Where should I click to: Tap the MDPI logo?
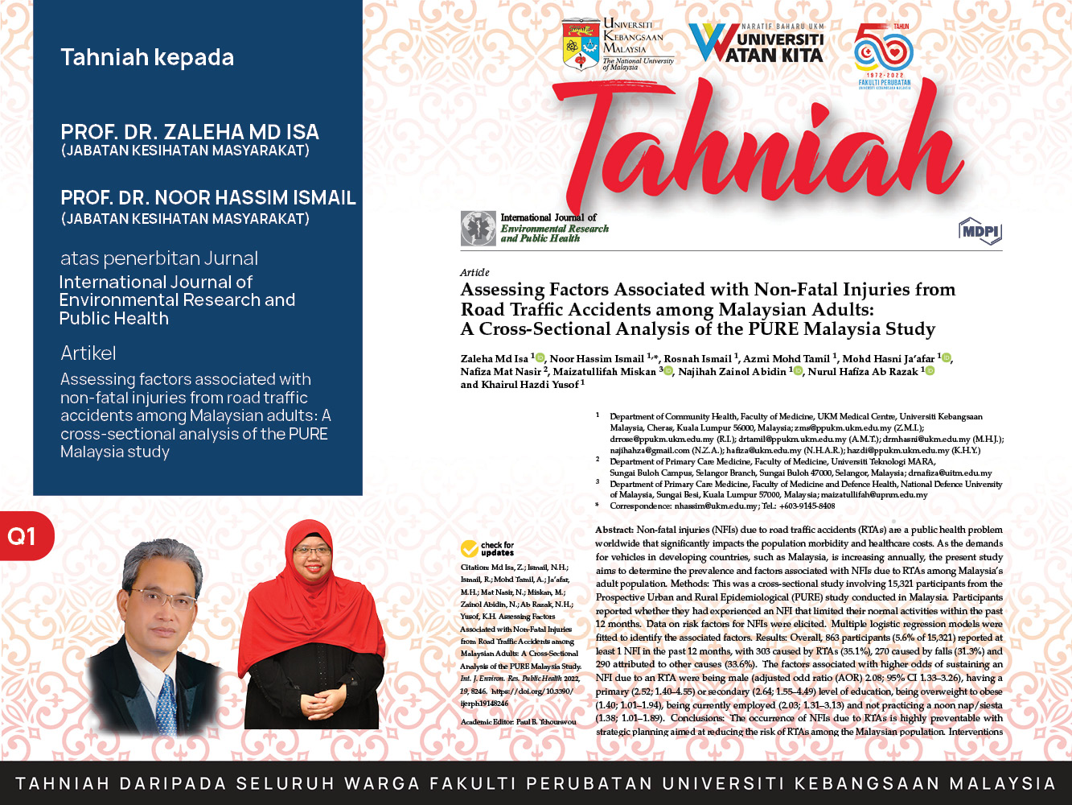pyautogui.click(x=980, y=232)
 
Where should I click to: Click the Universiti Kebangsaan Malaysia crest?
pyautogui.click(x=581, y=44)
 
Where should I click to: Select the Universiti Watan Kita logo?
pyautogui.click(x=757, y=43)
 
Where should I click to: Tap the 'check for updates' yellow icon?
pyautogui.click(x=470, y=549)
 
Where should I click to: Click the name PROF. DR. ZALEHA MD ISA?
pyautogui.click(x=190, y=132)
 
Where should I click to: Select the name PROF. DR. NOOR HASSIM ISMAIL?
pyautogui.click(x=208, y=198)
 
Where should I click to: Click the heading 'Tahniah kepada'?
pyautogui.click(x=147, y=58)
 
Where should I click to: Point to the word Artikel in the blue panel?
pyautogui.click(x=88, y=353)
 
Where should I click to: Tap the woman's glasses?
pyautogui.click(x=312, y=551)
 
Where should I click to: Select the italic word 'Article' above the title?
pyautogui.click(x=474, y=272)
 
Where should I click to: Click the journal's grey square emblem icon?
pyautogui.click(x=478, y=229)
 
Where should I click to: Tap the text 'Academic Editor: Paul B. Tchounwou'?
pyautogui.click(x=519, y=722)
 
